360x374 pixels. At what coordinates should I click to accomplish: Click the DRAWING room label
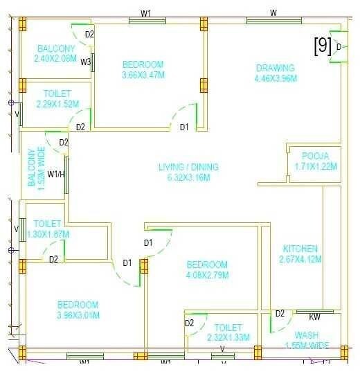click(275, 68)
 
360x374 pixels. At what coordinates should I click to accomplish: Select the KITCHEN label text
click(300, 249)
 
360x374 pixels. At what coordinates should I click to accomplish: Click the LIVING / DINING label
click(188, 167)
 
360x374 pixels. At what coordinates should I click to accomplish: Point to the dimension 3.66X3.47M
click(142, 75)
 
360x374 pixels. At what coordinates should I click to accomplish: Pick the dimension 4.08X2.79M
click(206, 275)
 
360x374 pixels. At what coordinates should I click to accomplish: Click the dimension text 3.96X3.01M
click(78, 315)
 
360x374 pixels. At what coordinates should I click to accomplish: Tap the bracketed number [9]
click(322, 46)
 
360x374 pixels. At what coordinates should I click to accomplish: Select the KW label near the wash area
click(314, 317)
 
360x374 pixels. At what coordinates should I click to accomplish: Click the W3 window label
click(86, 62)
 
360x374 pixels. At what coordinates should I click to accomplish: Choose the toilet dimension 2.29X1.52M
click(57, 104)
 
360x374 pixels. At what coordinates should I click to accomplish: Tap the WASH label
click(302, 335)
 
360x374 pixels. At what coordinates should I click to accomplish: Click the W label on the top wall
click(273, 12)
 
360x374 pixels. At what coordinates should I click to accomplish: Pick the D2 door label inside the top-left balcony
click(89, 34)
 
